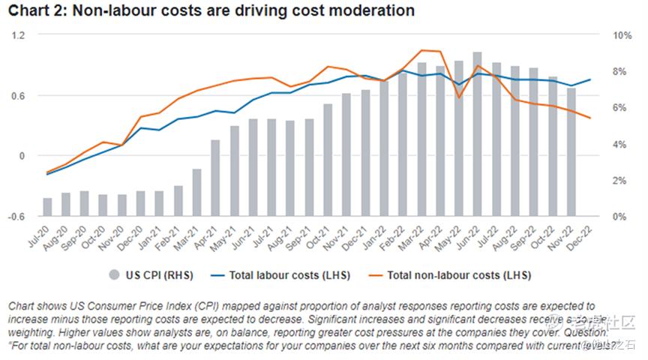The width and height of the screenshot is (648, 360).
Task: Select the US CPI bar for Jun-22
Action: [x=477, y=134]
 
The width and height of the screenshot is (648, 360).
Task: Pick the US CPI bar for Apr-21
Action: [x=216, y=178]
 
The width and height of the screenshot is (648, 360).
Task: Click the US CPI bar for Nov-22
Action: [x=571, y=152]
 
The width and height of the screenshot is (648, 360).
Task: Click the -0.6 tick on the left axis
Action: [x=16, y=216]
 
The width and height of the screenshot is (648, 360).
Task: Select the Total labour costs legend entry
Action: [x=282, y=275]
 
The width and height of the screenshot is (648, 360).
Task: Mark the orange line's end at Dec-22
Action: [x=590, y=118]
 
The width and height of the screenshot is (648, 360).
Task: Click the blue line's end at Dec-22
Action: [x=590, y=79]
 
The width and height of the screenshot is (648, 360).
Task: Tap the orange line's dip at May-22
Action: [x=459, y=97]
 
